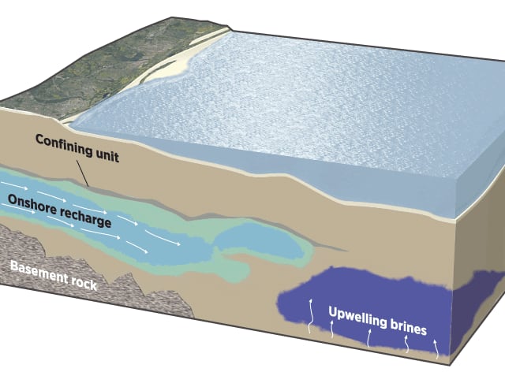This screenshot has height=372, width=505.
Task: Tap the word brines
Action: [x=407, y=325]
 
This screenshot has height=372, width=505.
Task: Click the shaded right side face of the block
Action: [x=481, y=236]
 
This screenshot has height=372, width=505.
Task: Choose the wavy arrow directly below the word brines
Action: [x=407, y=344]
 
